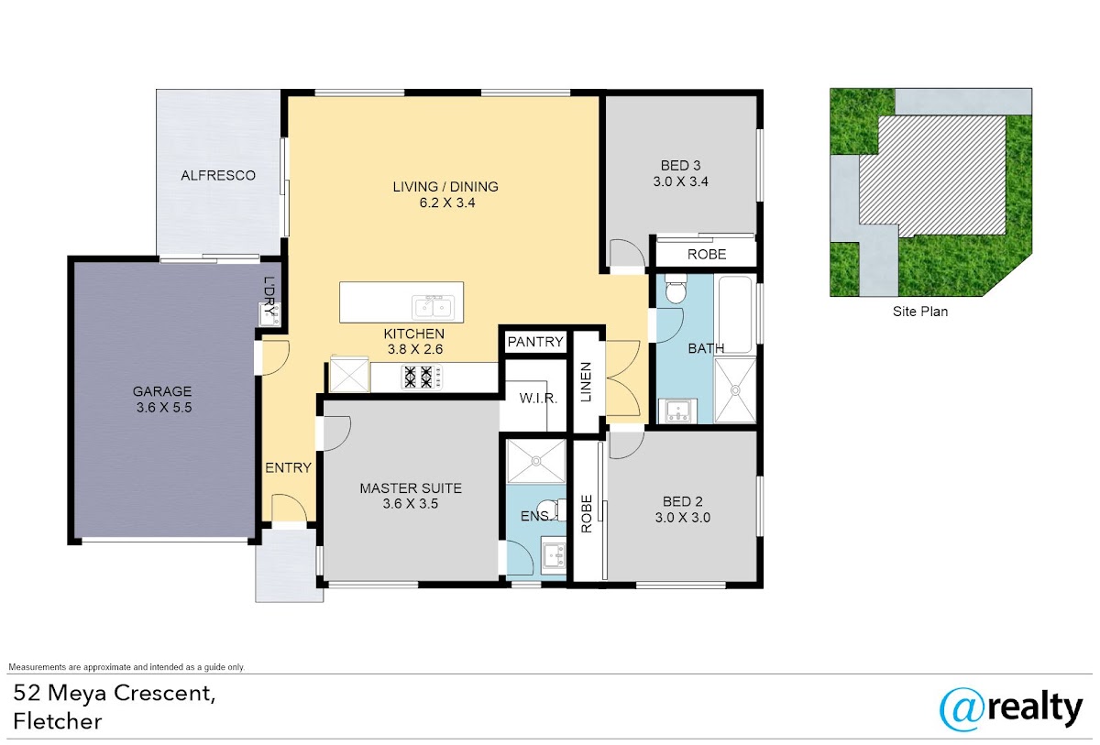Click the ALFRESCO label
(x=218, y=175)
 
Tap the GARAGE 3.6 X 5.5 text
(x=163, y=400)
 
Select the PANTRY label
(x=535, y=342)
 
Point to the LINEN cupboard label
(x=586, y=382)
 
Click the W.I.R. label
(x=538, y=398)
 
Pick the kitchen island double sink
(x=433, y=308)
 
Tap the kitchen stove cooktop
(x=422, y=378)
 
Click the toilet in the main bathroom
(x=676, y=289)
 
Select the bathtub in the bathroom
(x=734, y=314)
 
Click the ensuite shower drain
(x=536, y=461)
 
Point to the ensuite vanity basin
(x=554, y=554)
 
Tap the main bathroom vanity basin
(x=678, y=411)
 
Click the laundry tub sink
(x=269, y=314)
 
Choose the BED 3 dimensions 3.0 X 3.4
(x=680, y=181)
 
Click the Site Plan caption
(x=920, y=312)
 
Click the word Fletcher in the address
(x=58, y=721)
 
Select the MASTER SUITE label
(x=411, y=488)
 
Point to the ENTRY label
(x=288, y=467)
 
